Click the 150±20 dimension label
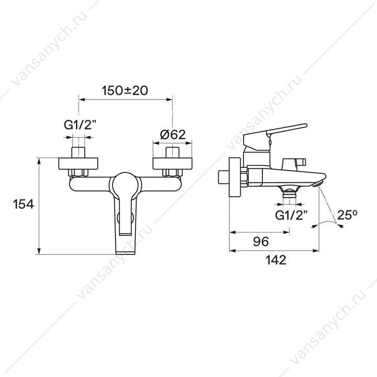pos(125,91)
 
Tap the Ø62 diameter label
pos(173,135)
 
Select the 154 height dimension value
pos(24,204)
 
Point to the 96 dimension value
pos(261,241)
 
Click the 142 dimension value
pos(276,260)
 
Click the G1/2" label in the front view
pos(80,125)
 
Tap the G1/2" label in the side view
pos(292,215)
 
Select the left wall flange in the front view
pos(78,163)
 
